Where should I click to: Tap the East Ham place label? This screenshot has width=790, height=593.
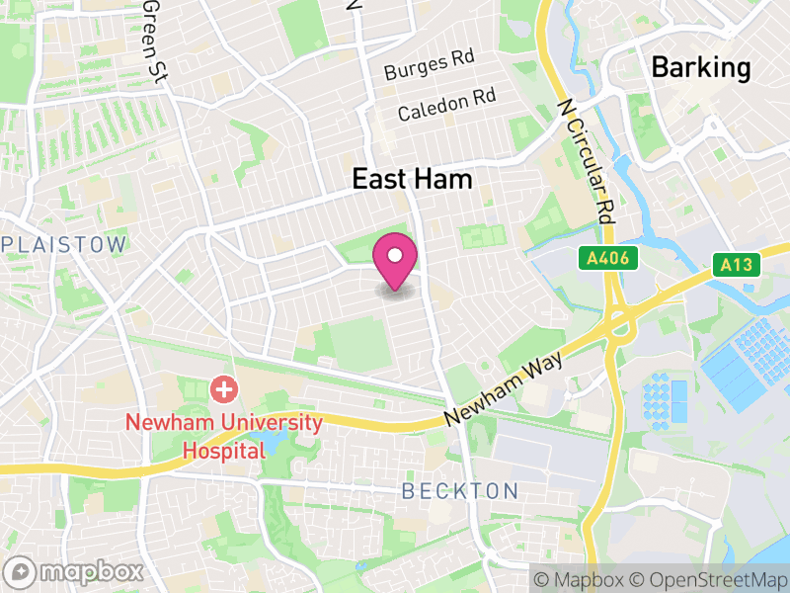(x=413, y=179)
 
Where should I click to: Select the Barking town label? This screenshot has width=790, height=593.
(x=701, y=67)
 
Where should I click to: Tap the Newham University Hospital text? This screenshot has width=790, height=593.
(x=224, y=437)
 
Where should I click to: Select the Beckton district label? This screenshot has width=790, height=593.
(x=460, y=491)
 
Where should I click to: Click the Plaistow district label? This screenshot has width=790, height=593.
(x=65, y=244)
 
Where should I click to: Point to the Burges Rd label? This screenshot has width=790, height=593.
(x=430, y=67)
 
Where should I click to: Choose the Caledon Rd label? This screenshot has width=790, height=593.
(x=446, y=104)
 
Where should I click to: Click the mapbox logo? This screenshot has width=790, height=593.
(x=75, y=571)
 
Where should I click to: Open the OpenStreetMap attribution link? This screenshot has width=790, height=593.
(x=710, y=577)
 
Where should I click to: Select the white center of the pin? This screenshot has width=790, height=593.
(x=395, y=255)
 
